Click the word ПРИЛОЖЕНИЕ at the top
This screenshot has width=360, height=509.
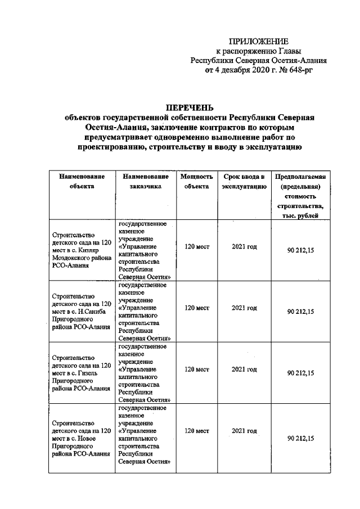259,42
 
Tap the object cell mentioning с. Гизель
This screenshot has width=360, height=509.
81,372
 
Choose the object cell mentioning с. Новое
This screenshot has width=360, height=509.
81,433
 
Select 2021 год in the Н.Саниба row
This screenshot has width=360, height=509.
244,308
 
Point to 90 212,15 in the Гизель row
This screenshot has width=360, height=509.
300,373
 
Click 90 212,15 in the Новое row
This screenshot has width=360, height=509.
300,439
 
